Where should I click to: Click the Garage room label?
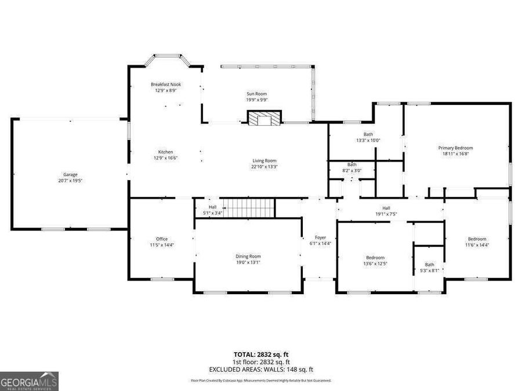[x=70, y=174]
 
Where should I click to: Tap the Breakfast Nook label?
[x=166, y=85]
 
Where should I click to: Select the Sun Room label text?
[x=257, y=93]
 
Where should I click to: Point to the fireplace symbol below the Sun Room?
[x=264, y=118]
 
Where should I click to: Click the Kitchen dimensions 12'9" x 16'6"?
[x=165, y=158]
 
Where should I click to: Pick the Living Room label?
[x=264, y=160]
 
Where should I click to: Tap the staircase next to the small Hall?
[x=249, y=207]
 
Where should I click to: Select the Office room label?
[x=161, y=239]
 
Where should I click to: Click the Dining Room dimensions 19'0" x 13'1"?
[x=248, y=262]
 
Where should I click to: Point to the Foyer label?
[x=320, y=237]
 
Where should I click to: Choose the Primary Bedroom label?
[x=455, y=148]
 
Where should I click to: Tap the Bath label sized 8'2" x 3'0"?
[x=351, y=165]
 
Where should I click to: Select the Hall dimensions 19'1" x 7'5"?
[x=386, y=214]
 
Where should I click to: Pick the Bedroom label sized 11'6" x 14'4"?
[x=477, y=239]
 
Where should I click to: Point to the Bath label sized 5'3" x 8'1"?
[x=429, y=265]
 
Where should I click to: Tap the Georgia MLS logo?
[x=29, y=382]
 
